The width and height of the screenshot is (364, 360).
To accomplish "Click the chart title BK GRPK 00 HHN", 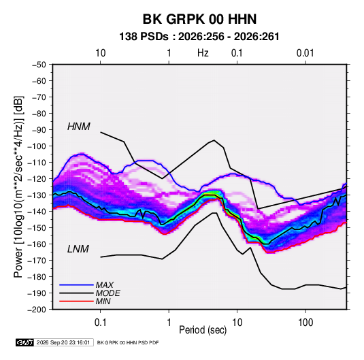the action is [199, 19].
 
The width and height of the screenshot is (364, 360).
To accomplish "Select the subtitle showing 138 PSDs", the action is [199, 37].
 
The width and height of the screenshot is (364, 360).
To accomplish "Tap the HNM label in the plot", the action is [79, 127].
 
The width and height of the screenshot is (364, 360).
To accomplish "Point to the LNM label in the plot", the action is [78, 249].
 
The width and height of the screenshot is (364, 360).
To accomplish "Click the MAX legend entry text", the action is [105, 284].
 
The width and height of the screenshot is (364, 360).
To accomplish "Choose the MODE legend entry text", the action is [107, 293].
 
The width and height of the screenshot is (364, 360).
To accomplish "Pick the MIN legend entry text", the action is [103, 301].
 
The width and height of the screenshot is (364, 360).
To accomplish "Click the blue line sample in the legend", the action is [76, 284].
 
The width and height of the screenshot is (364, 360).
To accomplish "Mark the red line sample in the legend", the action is [76, 301].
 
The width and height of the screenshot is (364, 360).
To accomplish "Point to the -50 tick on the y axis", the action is [39, 65].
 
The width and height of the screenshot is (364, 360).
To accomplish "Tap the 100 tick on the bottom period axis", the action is [305, 323].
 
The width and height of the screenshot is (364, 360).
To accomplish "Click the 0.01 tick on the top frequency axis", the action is [305, 53].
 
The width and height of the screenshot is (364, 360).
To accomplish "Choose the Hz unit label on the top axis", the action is [203, 53].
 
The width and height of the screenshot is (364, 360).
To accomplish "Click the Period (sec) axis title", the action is [203, 330].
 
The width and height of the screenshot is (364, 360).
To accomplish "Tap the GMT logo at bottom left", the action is [25, 342].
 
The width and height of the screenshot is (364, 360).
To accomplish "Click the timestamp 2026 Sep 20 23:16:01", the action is [63, 342].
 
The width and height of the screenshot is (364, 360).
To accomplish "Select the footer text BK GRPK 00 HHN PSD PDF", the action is [128, 342].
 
